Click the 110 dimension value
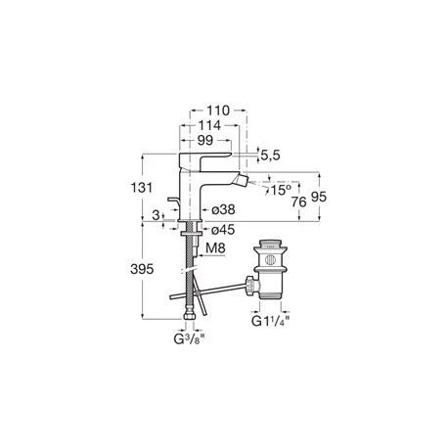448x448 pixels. [x=218, y=111]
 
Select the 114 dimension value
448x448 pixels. [x=209, y=125]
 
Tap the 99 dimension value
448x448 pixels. [x=205, y=140]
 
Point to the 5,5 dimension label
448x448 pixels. [x=271, y=156]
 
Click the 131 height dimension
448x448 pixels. [x=142, y=188]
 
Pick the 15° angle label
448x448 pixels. [x=280, y=190]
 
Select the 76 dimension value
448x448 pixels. [x=299, y=202]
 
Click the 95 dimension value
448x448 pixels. [x=319, y=197]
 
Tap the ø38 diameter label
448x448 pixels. [x=223, y=209]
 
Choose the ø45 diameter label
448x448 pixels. [x=223, y=230]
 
